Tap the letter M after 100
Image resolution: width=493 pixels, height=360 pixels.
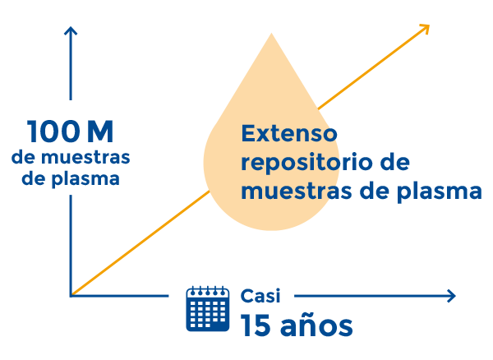point(99,132)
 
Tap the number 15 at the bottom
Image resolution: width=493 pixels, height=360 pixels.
point(256,325)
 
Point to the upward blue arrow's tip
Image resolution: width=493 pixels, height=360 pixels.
point(71,27)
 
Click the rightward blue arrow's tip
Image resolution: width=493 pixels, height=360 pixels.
point(454,296)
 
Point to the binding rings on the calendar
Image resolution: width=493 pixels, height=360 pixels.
point(207,289)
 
